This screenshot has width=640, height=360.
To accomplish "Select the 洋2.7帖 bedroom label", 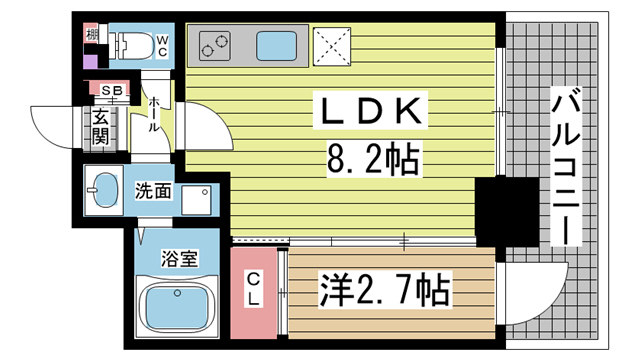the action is click(x=386, y=290).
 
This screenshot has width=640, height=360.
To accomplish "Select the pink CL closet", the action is click(x=255, y=291).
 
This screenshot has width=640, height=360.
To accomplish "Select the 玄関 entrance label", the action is click(x=102, y=127).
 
